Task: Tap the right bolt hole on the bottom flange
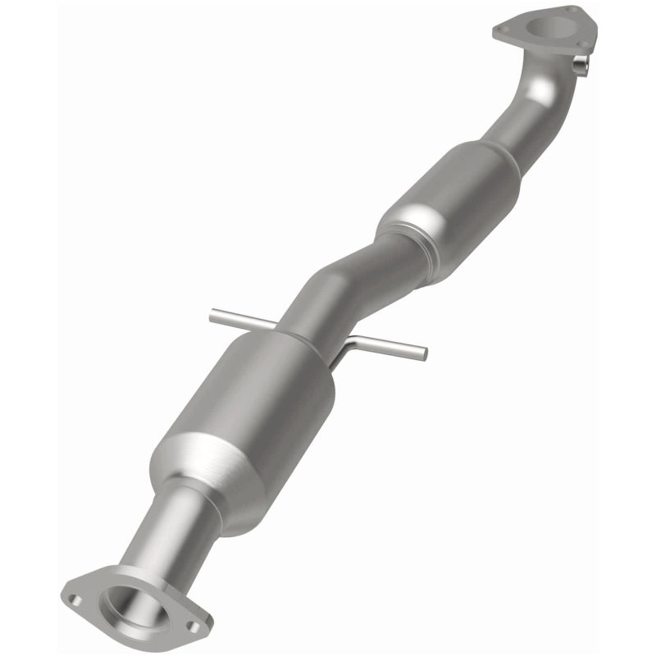tap(194, 626)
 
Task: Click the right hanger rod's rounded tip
tap(422, 353)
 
